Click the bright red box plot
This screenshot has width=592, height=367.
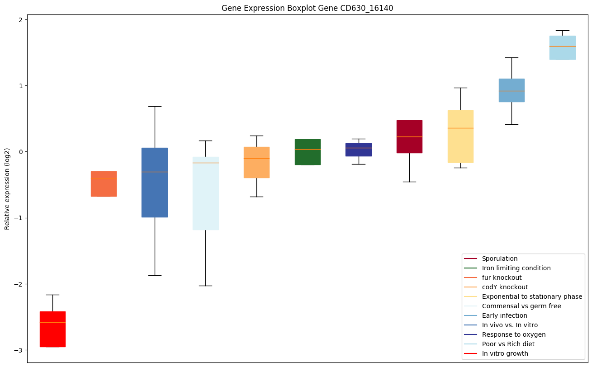pos(52,329)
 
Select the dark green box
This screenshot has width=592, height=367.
pos(308,152)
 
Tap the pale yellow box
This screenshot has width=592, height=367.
pos(460,136)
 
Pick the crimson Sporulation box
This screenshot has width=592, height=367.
pos(409,136)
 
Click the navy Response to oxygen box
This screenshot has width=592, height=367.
pos(359,150)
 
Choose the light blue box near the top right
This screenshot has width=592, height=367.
pos(562,47)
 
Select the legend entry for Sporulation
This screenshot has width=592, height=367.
pos(499,259)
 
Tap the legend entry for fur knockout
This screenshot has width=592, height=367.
pos(502,278)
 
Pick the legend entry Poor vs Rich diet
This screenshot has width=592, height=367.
pos(508,344)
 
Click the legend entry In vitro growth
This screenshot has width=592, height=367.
pos(505,353)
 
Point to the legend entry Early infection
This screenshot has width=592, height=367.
pos(504,315)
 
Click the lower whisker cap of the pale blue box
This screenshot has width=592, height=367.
pos(206,286)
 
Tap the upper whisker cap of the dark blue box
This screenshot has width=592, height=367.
pos(155,106)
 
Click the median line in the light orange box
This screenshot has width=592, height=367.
pos(256,158)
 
